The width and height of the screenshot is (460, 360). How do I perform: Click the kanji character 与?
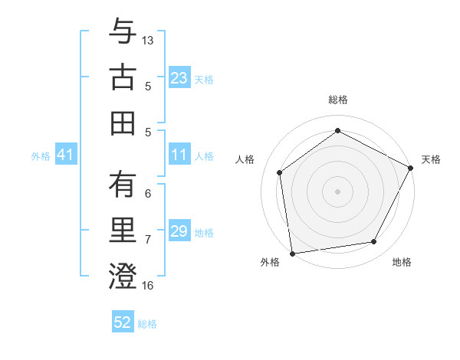tap(123, 31)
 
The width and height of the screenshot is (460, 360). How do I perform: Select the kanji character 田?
tap(123, 123)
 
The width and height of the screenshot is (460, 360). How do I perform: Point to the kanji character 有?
tap(123, 185)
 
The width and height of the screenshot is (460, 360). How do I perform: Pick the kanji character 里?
tap(123, 231)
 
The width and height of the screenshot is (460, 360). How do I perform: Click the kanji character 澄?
tap(123, 276)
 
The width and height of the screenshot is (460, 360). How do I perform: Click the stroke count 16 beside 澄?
tap(148, 285)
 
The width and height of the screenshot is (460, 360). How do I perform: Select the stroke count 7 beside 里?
tap(148, 239)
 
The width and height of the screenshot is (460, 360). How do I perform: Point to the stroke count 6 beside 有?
tap(148, 194)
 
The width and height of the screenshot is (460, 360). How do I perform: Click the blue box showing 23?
tap(179, 77)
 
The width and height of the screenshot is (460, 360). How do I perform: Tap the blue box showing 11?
tap(179, 155)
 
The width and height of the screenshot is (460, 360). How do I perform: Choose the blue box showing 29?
tap(179, 231)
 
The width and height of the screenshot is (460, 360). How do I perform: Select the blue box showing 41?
tap(66, 155)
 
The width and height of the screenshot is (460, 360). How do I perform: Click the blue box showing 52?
tap(123, 322)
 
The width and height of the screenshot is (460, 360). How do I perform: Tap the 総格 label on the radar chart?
tap(337, 100)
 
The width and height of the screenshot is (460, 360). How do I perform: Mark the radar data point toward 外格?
tap(292, 253)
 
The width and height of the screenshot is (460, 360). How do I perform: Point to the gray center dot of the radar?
tap(337, 191)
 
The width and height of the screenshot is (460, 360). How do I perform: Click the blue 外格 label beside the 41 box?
tap(41, 155)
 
